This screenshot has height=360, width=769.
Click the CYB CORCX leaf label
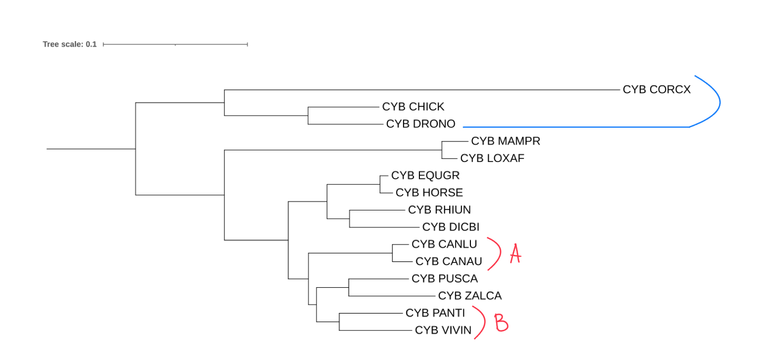(656, 90)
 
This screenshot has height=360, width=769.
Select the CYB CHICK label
(413, 106)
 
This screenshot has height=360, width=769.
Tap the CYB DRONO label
(420, 124)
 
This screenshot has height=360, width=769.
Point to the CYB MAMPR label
(505, 141)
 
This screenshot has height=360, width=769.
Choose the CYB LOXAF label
(492, 158)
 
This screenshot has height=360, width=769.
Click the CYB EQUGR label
(425, 175)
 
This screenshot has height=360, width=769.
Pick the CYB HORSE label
(429, 193)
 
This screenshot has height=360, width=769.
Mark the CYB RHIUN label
(439, 210)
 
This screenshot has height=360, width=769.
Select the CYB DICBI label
(451, 227)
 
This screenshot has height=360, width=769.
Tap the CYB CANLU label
(444, 244)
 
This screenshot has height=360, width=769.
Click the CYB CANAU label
(449, 261)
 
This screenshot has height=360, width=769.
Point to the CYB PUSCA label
(444, 278)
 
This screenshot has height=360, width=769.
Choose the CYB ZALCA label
(469, 296)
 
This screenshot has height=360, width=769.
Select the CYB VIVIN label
(443, 330)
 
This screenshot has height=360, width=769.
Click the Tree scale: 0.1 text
(70, 45)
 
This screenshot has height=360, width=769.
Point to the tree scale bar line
(175, 45)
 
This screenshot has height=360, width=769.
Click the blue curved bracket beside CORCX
(719, 103)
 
